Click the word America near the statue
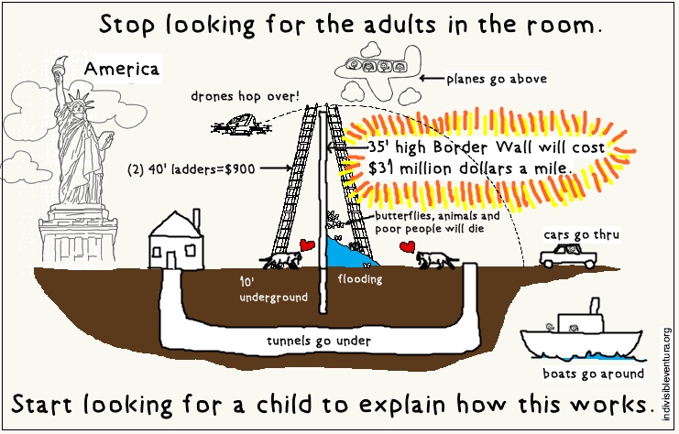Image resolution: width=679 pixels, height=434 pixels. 121,69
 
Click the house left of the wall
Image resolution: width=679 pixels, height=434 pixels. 177,241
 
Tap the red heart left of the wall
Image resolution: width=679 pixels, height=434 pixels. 308,244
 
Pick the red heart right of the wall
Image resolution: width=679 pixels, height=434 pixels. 407,248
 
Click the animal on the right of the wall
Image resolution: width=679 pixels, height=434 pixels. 437,260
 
